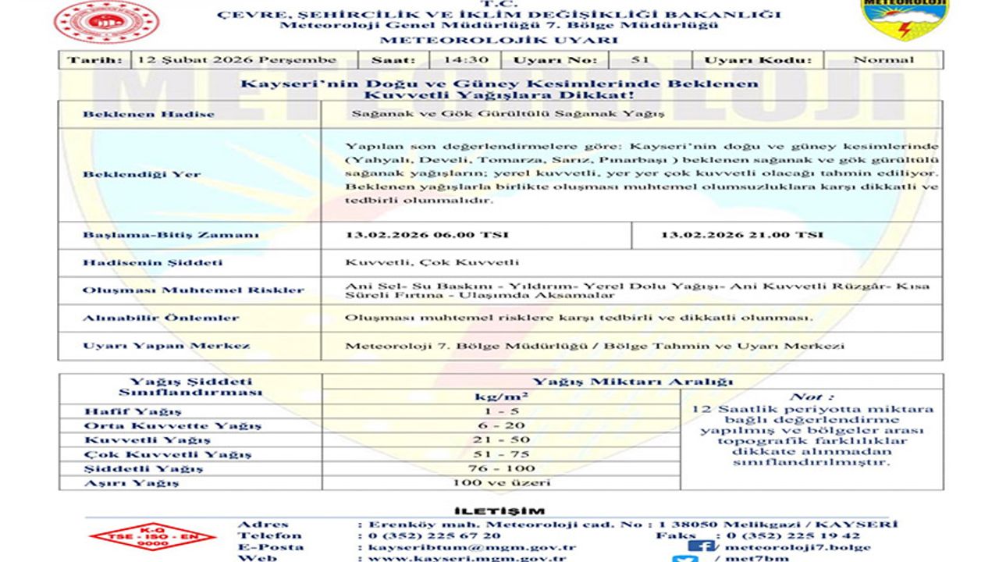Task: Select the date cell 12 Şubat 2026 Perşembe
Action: point(236,60)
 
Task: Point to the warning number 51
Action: point(639,60)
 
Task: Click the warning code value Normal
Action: point(883,60)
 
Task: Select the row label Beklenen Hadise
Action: point(148,114)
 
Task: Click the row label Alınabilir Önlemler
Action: point(161,318)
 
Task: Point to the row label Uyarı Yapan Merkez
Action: point(166,346)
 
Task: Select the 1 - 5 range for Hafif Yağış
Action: point(501,411)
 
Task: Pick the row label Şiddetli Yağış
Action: point(143,468)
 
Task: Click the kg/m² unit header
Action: point(501,397)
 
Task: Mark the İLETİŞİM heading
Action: point(499,511)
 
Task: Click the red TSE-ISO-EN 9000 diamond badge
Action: point(152,536)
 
